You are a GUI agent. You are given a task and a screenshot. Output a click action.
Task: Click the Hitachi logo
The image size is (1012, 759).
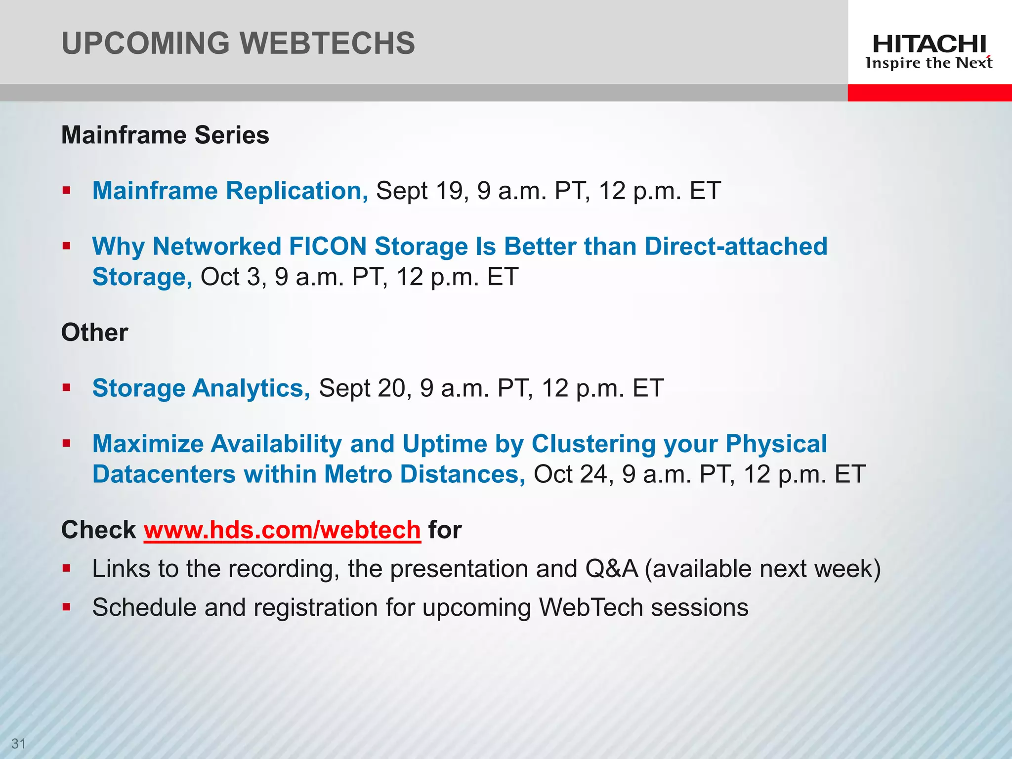(x=929, y=51)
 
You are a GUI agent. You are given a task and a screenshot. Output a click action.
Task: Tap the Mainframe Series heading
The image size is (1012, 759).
(x=165, y=135)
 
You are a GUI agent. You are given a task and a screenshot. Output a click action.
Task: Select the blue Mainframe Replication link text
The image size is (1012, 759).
(x=230, y=191)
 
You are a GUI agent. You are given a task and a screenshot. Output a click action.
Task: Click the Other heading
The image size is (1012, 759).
(x=94, y=332)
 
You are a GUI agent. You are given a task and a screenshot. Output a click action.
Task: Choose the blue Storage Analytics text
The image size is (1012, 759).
(x=201, y=388)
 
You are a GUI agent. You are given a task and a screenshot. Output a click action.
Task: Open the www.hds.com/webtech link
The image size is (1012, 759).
(x=282, y=530)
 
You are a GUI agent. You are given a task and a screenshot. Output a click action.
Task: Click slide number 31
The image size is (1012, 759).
(x=18, y=743)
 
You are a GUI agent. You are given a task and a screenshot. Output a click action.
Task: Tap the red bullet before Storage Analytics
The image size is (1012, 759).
(x=67, y=387)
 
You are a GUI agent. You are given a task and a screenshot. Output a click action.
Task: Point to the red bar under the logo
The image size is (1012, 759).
(x=929, y=92)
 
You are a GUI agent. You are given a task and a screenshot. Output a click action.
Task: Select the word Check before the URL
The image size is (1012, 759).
(x=98, y=530)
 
